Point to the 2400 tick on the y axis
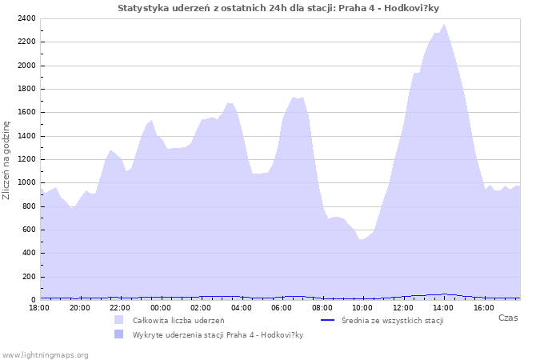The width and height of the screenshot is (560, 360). tap(26, 18)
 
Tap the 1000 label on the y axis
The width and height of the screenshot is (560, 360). tap(26, 182)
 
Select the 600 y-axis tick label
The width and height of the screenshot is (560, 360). tap(28, 230)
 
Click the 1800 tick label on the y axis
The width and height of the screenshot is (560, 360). tap(26, 89)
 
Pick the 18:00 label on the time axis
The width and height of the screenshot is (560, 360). tap(40, 307)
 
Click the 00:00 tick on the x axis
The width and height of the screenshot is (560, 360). tap(161, 307)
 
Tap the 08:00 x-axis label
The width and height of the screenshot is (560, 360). tap(322, 307)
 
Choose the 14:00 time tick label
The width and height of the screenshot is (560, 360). tap(443, 307)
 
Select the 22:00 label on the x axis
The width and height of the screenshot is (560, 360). tap(121, 307)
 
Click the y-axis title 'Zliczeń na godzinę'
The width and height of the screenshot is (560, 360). tap(7, 159)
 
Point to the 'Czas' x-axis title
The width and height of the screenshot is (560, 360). tap(507, 318)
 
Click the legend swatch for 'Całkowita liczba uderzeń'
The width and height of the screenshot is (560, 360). tap(119, 320)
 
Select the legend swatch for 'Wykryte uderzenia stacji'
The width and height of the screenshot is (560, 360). tap(119, 334)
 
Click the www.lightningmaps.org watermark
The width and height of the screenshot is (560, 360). tap(46, 354)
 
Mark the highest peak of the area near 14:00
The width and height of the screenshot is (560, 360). tap(445, 24)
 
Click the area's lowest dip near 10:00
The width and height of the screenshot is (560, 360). tap(362, 239)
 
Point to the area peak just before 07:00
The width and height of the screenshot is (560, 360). tap(294, 98)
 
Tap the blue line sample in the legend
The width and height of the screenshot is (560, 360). tap(326, 320)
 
